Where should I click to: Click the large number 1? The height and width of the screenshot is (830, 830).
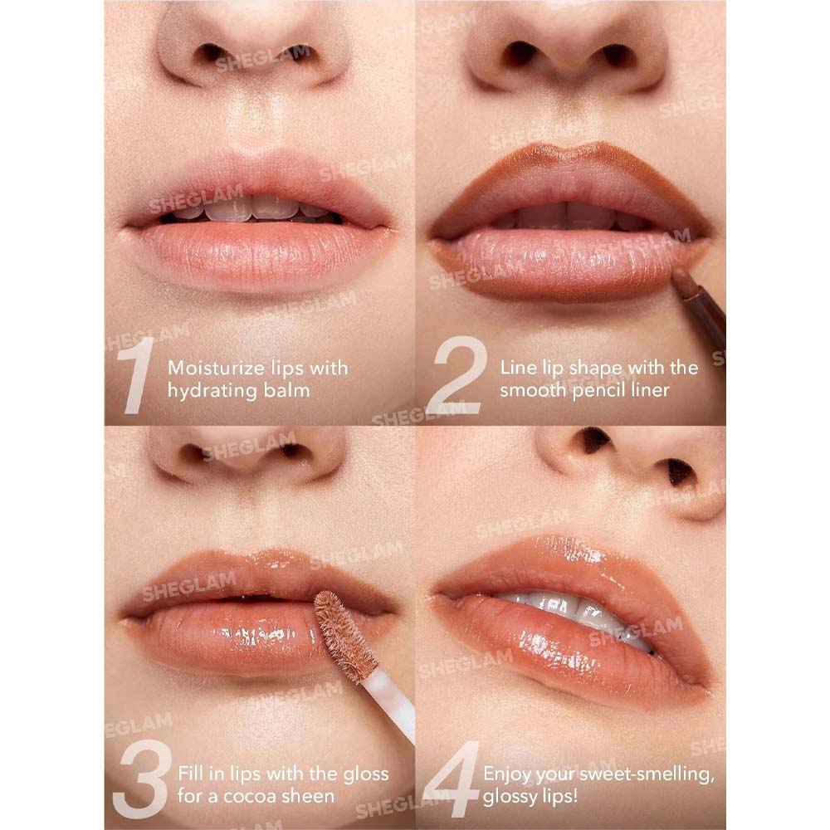click(x=139, y=375)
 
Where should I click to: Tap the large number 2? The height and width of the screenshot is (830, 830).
click(x=456, y=375)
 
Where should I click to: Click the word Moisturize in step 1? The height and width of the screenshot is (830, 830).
click(x=217, y=368)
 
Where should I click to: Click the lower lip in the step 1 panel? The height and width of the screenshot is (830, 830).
click(x=259, y=255)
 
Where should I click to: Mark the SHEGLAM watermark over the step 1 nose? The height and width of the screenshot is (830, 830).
click(x=262, y=58)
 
